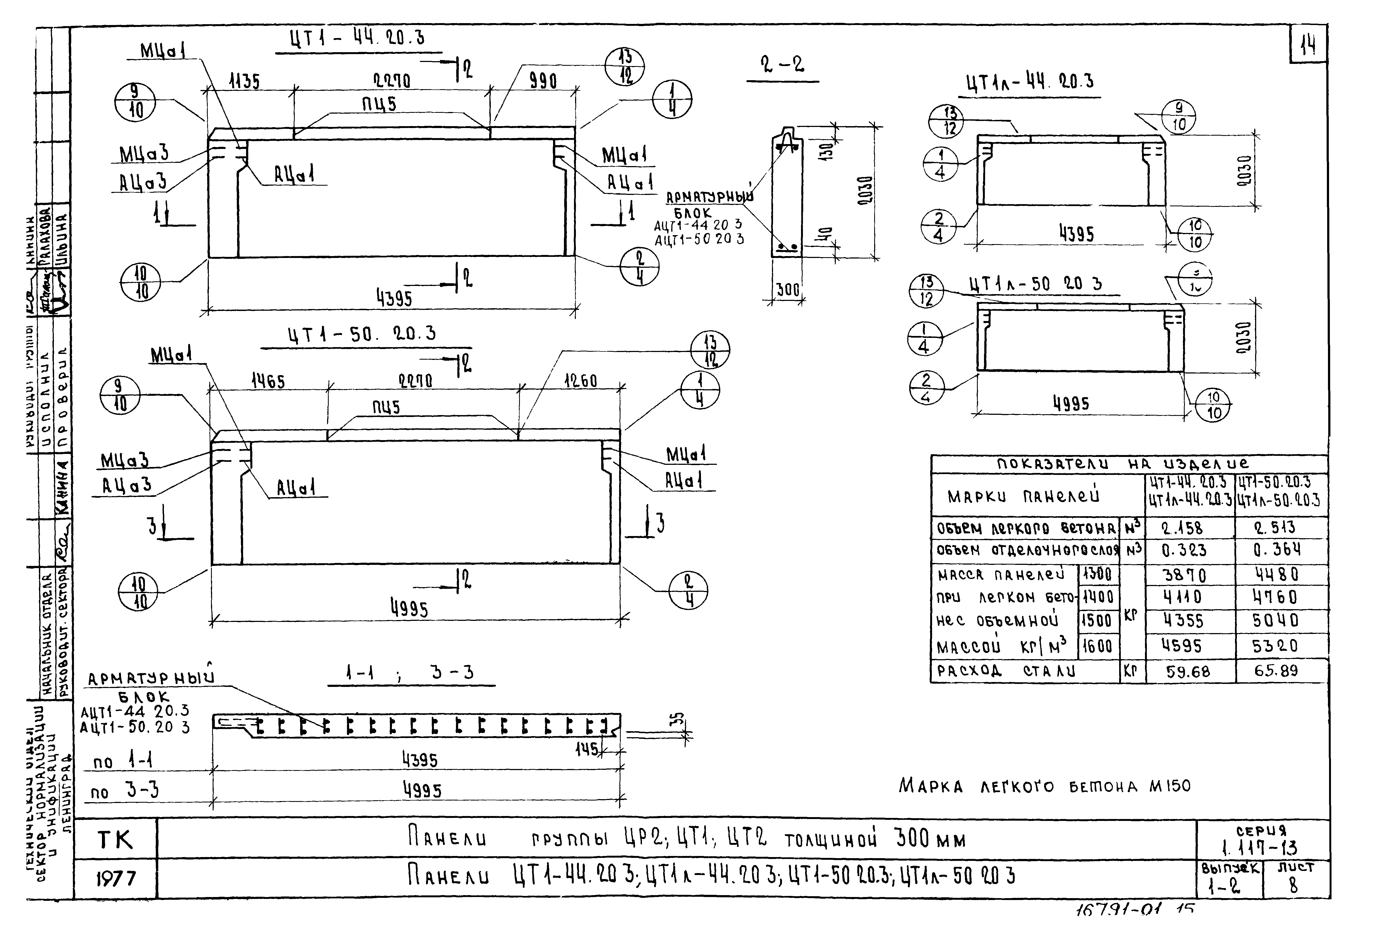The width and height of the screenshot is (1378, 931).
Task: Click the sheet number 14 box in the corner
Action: point(1308,45)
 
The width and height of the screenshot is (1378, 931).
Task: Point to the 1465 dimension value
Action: point(268,381)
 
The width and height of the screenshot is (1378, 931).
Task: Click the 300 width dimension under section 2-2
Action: point(788,290)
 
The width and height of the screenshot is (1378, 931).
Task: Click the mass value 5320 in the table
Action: point(1275,646)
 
